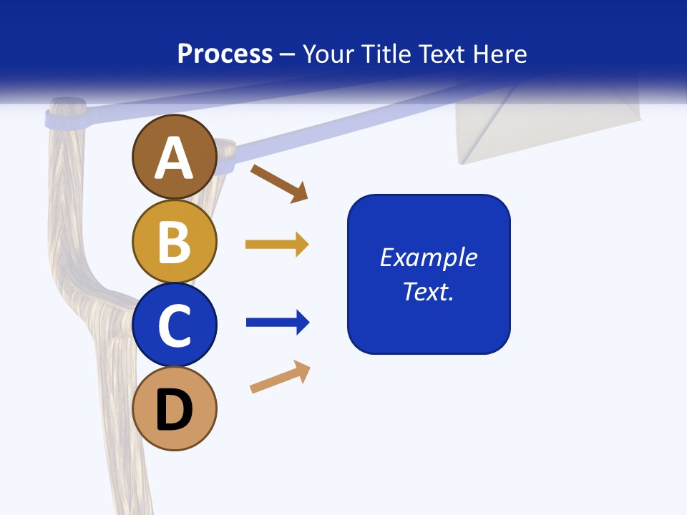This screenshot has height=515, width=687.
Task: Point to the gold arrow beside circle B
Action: (x=277, y=245)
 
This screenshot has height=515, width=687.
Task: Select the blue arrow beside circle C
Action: (x=278, y=323)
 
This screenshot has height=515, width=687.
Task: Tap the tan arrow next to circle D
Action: (x=280, y=377)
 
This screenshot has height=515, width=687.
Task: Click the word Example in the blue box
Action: (x=429, y=257)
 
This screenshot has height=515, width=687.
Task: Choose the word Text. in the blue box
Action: (x=429, y=291)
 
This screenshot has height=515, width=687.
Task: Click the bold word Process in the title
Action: (x=225, y=54)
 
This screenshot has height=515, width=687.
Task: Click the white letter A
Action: (x=174, y=159)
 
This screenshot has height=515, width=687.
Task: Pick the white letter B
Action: (x=174, y=242)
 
